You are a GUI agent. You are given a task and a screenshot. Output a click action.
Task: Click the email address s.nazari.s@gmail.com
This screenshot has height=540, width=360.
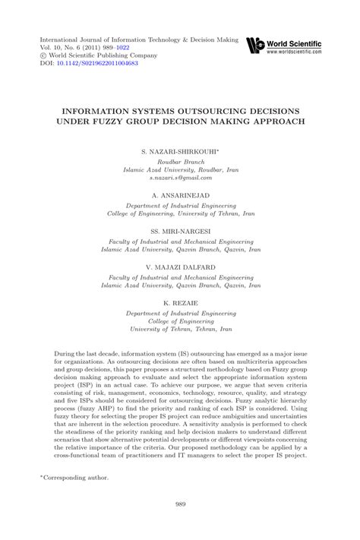[x=180, y=178]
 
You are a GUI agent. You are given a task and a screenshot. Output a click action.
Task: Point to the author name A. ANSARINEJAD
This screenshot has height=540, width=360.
[x=180, y=195]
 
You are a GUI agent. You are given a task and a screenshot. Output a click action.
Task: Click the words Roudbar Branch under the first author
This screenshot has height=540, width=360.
[x=180, y=162]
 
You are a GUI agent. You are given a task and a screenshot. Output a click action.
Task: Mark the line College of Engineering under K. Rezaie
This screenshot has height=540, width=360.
[x=180, y=321]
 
